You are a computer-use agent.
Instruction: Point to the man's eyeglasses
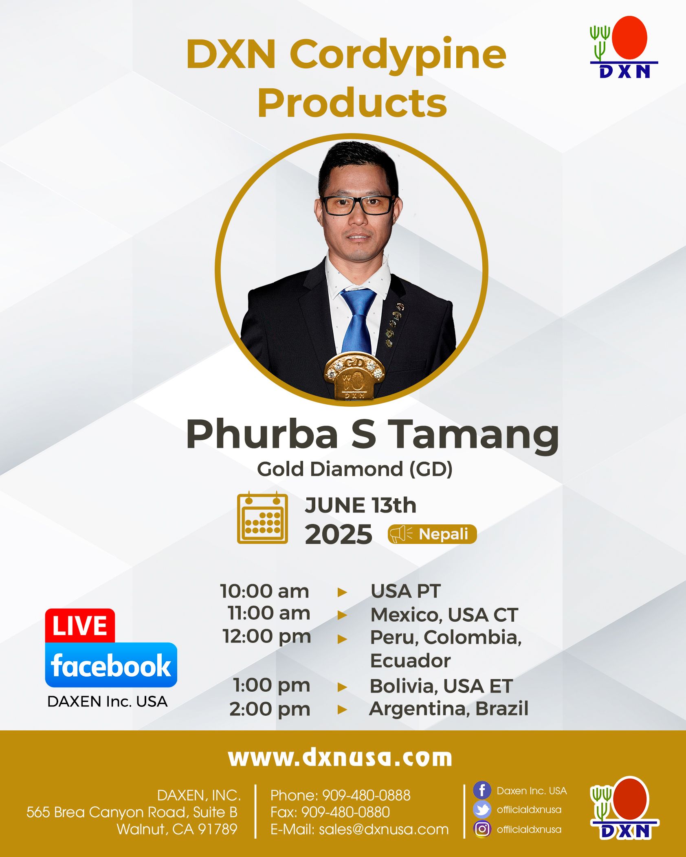358,205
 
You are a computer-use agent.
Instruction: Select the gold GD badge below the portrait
354,377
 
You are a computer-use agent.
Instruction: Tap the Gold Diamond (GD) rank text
354,469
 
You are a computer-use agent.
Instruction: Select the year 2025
338,534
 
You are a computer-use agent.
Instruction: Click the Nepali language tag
432,534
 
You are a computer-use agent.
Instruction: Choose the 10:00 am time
264,591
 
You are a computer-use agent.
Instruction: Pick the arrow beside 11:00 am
342,615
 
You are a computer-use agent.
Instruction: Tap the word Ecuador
410,660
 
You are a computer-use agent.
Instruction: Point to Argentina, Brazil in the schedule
449,709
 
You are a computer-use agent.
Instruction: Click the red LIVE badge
80,626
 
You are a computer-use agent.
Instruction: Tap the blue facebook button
111,665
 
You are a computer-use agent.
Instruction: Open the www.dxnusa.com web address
340,758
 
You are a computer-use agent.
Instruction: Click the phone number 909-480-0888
366,796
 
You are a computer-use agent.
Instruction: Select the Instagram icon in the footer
482,829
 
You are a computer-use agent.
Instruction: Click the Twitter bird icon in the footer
482,810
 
